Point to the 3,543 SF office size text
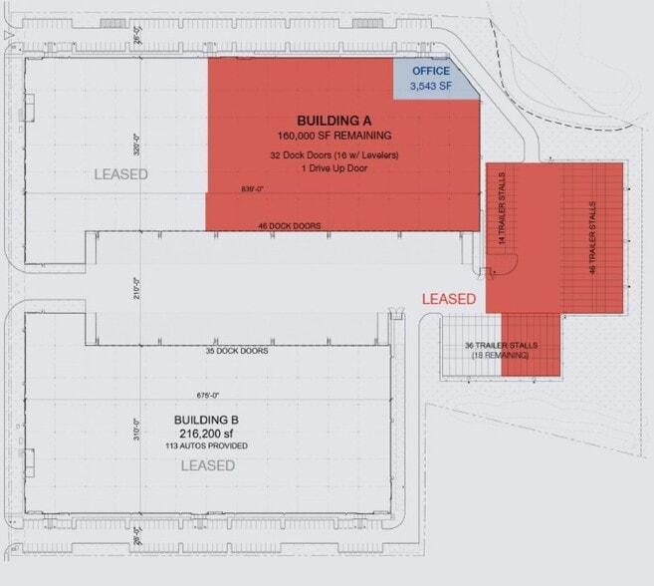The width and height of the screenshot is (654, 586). tap(432, 87)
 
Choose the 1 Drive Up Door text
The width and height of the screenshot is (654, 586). tap(334, 168)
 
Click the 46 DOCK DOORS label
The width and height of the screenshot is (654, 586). tap(289, 226)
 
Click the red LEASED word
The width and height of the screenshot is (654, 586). tap(449, 298)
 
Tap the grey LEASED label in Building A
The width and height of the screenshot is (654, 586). tap(121, 174)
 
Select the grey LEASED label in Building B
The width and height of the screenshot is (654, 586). tap(207, 465)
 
